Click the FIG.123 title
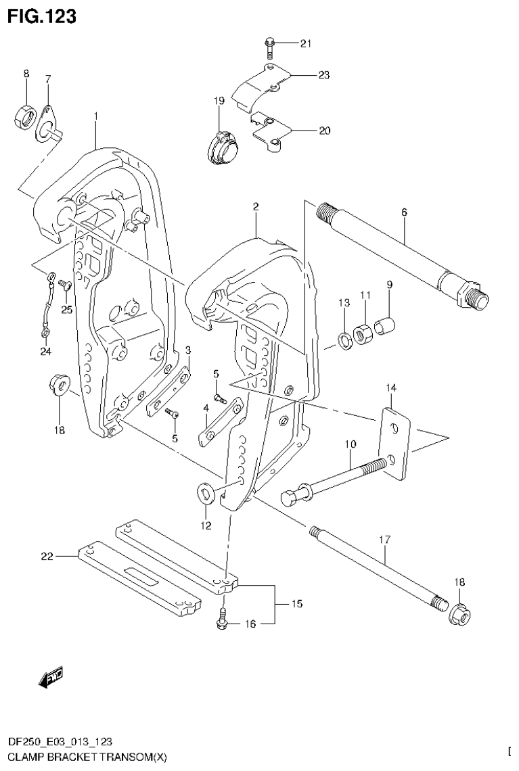[41, 16]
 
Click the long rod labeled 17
[379, 566]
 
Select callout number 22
[45, 556]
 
